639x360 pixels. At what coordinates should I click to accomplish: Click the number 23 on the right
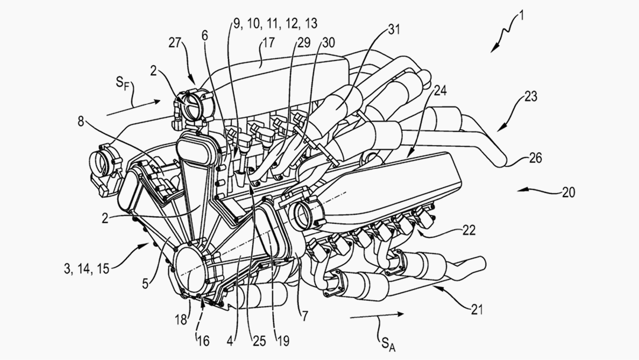(530, 97)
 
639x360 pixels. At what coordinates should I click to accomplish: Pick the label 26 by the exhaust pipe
(534, 159)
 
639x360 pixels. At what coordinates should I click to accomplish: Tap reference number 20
(569, 192)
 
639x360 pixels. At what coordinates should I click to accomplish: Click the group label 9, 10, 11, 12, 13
(275, 24)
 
